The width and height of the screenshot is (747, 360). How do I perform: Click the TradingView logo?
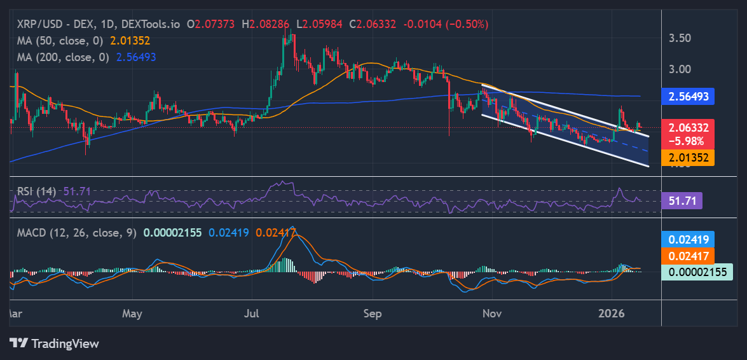tap(54, 343)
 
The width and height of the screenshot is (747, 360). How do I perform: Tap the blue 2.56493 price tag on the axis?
tap(688, 97)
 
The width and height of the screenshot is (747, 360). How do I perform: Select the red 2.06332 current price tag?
tap(688, 127)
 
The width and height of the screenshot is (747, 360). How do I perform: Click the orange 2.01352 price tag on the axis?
tap(688, 157)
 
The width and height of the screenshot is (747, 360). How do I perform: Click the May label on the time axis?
tap(132, 314)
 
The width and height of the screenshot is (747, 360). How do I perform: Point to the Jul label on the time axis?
tap(253, 314)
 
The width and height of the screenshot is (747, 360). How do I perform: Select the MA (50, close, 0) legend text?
tap(60, 41)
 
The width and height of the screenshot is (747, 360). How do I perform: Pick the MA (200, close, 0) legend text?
tap(63, 57)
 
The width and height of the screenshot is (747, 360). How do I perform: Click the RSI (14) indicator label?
tap(36, 191)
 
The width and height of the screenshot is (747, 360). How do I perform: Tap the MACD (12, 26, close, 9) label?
tap(76, 233)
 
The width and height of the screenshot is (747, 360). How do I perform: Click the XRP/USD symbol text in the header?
tap(39, 24)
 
